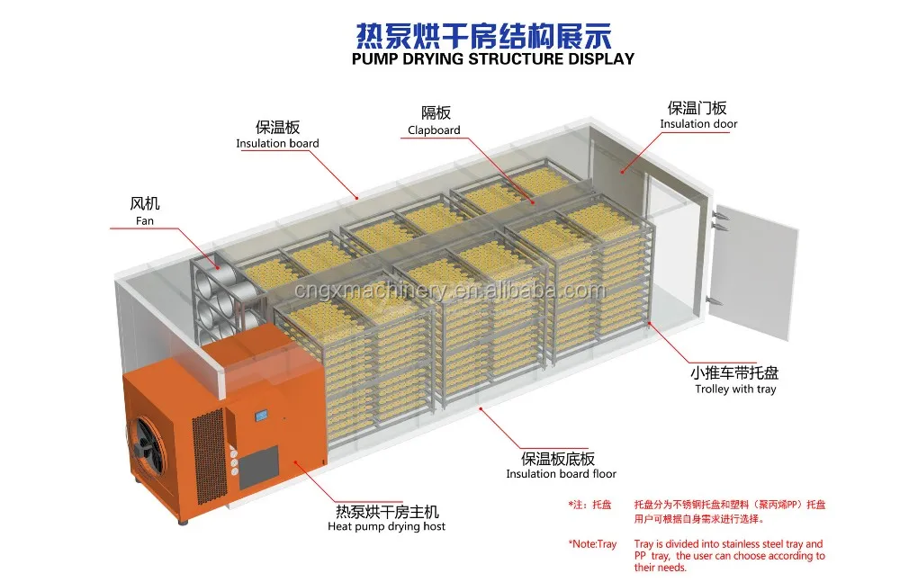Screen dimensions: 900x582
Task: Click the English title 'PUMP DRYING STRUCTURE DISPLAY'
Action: click(x=492, y=58)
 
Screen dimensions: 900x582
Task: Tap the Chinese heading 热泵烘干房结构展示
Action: click(x=484, y=34)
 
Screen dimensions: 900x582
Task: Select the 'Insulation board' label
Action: click(x=277, y=143)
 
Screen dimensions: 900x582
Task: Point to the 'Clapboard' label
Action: click(x=434, y=130)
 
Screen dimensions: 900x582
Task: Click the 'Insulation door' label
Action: click(x=698, y=124)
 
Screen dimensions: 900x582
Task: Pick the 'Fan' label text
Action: click(x=145, y=220)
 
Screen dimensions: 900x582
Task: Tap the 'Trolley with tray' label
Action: click(x=735, y=389)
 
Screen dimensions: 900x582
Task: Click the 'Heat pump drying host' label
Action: click(x=386, y=526)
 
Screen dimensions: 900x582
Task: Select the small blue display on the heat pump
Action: click(x=262, y=416)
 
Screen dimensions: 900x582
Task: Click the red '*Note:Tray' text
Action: click(x=592, y=544)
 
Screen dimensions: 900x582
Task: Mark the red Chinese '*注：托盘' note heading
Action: click(x=589, y=506)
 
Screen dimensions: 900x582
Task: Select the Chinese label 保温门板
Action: click(x=698, y=108)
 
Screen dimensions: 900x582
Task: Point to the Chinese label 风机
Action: click(x=145, y=204)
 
